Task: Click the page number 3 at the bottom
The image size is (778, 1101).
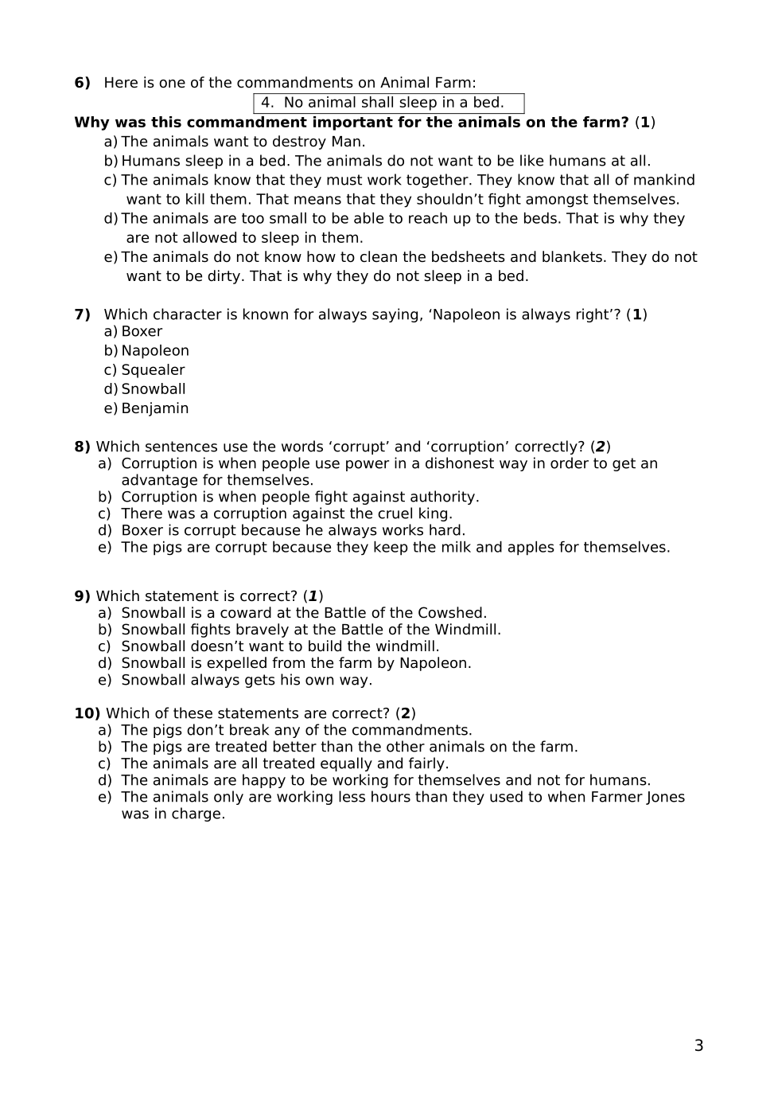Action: [x=698, y=1046]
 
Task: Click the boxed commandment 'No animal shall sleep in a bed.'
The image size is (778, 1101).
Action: [x=389, y=103]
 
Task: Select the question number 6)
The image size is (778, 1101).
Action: [x=82, y=83]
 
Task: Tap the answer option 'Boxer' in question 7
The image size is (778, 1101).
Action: [x=142, y=332]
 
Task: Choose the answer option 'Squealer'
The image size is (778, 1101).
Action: [x=153, y=370]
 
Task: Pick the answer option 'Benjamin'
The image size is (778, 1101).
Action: [x=155, y=408]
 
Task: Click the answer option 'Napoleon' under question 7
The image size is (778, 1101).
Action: [x=155, y=351]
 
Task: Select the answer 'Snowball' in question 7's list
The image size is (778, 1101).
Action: [x=154, y=389]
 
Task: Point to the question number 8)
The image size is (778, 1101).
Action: [x=82, y=447]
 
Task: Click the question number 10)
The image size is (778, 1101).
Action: [x=87, y=714]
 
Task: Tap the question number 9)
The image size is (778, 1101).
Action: [x=82, y=597]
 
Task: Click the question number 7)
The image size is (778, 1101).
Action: [x=82, y=315]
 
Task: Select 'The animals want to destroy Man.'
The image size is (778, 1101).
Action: [x=243, y=143]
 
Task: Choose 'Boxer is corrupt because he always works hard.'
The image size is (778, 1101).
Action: [x=293, y=531]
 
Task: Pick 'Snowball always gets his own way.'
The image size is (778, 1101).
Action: [x=247, y=681]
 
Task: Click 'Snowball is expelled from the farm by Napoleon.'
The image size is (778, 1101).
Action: [x=296, y=664]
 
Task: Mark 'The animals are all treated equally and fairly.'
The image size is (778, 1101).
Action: [x=285, y=764]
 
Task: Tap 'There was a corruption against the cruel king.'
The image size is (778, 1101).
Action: [x=286, y=514]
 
